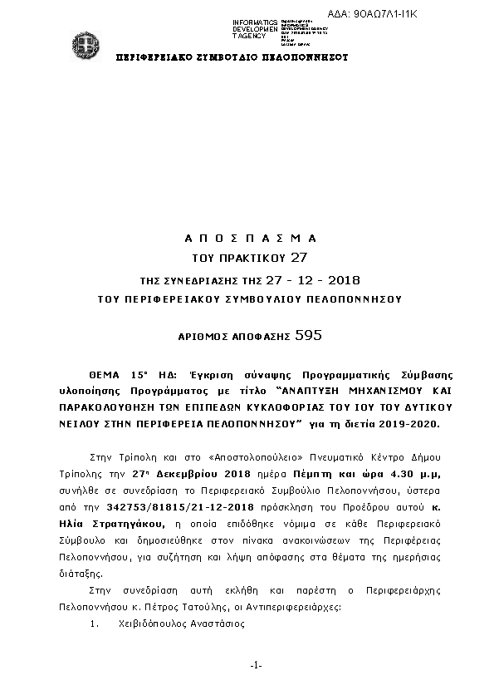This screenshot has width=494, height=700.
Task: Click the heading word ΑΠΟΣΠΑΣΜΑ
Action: [x=250, y=237]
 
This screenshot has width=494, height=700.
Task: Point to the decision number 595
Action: [x=307, y=336]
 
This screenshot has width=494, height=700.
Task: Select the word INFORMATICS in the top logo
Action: [x=254, y=22]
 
